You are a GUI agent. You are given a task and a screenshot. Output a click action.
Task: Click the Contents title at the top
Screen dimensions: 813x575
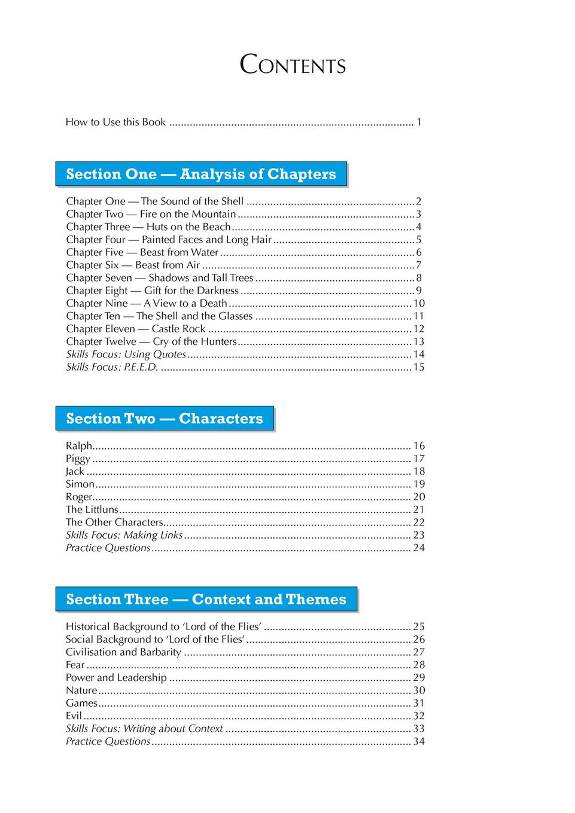[x=293, y=65]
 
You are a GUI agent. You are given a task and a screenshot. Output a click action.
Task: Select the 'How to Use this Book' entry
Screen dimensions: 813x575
[x=115, y=122]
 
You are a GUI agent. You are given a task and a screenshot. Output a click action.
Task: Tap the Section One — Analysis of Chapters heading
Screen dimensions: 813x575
[x=201, y=174]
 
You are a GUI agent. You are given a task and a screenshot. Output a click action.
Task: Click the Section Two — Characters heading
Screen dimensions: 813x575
[x=165, y=418]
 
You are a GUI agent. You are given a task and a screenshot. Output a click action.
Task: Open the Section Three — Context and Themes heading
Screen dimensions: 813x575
[x=206, y=599]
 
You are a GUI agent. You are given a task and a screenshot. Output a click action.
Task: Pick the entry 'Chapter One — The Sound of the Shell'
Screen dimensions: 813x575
[x=155, y=201]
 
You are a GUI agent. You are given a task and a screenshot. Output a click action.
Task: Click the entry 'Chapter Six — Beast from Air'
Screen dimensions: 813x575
[x=133, y=265]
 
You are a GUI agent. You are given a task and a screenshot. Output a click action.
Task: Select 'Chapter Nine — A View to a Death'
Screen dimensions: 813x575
[x=147, y=303]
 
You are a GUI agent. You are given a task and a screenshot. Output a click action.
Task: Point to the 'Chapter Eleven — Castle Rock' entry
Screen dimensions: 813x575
[x=136, y=329]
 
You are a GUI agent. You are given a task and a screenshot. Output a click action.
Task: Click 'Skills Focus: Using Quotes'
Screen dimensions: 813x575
[x=126, y=354]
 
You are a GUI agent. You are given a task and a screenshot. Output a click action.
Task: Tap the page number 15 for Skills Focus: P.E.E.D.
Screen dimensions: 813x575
[x=419, y=367]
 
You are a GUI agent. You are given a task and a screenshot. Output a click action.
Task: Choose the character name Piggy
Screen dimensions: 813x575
[x=78, y=459]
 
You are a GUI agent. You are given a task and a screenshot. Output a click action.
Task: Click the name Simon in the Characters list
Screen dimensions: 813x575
[x=80, y=484]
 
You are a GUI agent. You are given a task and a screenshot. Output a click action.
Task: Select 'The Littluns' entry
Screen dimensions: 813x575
[x=92, y=509]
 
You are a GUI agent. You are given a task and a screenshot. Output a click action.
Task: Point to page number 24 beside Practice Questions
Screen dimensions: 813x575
[x=419, y=548]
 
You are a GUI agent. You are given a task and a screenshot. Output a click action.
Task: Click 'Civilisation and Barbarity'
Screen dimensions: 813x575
[x=123, y=652]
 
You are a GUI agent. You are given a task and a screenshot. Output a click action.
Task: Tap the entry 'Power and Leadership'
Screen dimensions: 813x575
[x=116, y=677]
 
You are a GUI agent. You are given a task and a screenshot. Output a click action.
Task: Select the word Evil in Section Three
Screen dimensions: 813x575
[x=74, y=716]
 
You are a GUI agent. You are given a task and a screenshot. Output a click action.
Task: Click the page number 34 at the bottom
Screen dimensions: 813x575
[x=419, y=741]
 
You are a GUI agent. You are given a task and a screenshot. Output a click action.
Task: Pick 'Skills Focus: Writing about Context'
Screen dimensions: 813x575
[x=144, y=729]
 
